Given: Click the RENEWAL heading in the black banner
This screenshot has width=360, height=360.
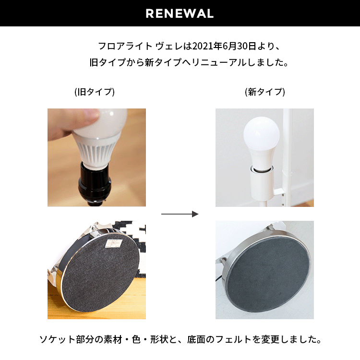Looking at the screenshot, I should (180, 13).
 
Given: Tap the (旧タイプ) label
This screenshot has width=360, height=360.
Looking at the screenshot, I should (95, 92).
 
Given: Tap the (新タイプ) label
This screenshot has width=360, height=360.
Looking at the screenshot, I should (264, 92).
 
